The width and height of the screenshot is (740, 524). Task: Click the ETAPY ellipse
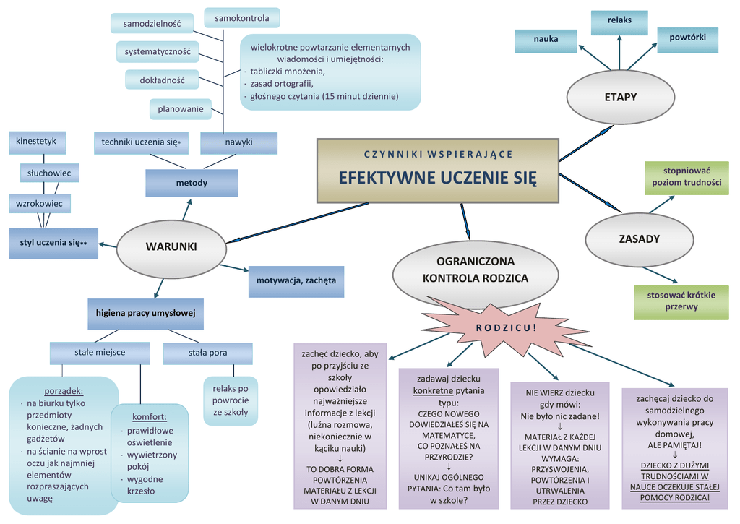point(620,98)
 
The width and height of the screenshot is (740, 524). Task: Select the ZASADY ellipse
point(639,239)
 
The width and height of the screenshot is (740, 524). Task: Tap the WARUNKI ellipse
point(171,247)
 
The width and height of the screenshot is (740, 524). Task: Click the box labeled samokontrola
point(242,18)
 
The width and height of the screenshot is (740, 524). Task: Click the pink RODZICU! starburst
point(505,327)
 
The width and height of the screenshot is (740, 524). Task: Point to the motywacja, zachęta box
point(296,281)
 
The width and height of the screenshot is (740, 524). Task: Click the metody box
point(192,183)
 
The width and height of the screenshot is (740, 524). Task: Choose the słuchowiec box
point(49,173)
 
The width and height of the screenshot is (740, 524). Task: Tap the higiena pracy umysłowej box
point(145,314)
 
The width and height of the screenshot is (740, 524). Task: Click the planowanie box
point(180,109)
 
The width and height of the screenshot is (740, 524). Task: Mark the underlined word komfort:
point(149,417)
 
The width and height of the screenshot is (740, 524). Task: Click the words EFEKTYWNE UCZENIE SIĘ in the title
point(437,178)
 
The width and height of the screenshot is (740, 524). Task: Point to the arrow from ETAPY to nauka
point(595,58)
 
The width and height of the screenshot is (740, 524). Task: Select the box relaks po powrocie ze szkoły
point(231,400)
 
